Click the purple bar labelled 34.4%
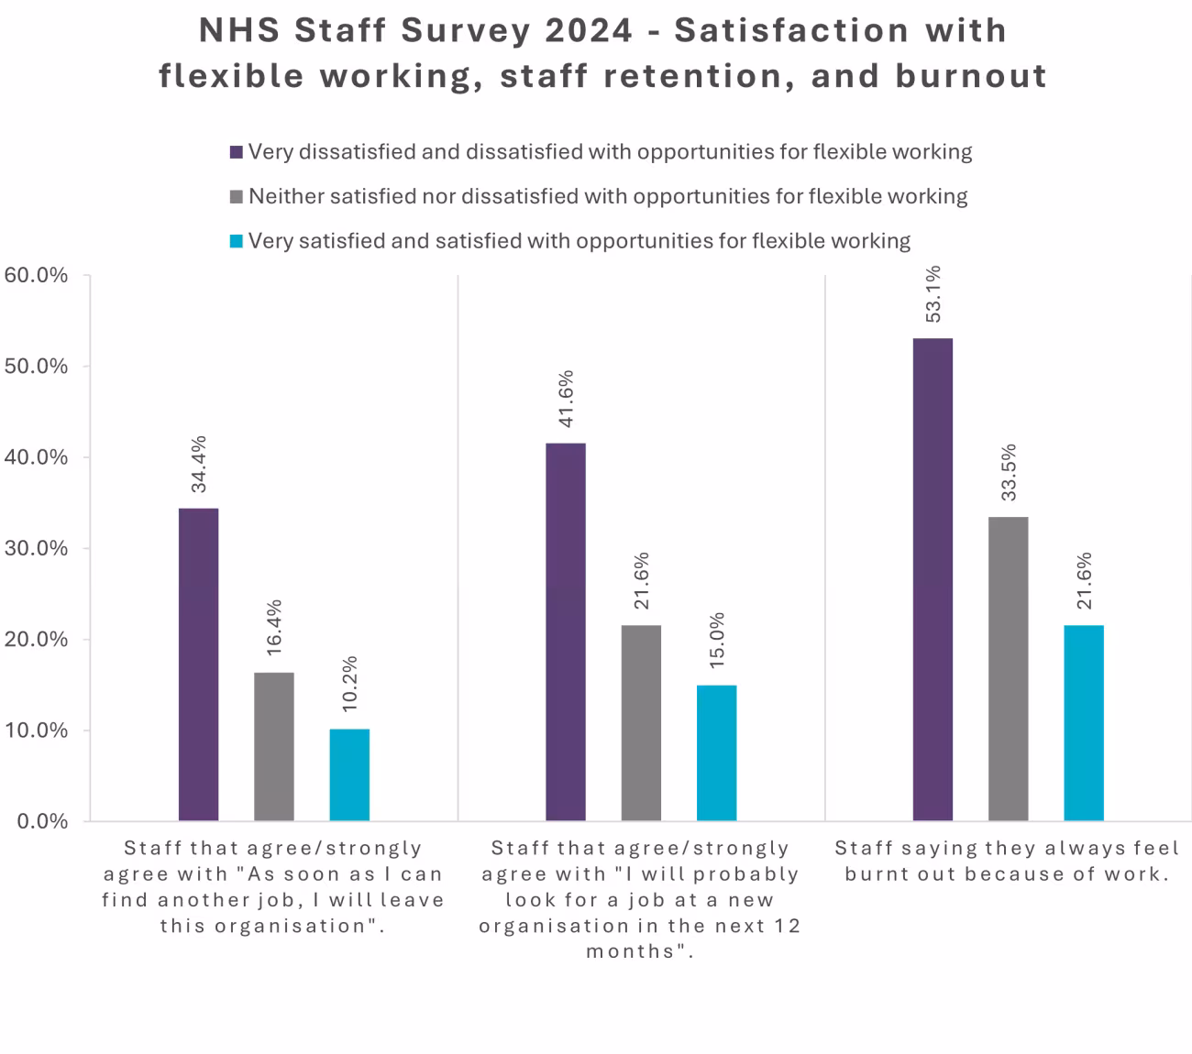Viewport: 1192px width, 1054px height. [x=198, y=664]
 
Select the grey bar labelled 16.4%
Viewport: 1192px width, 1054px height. [x=274, y=746]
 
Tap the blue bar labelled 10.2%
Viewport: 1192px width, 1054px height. [x=349, y=774]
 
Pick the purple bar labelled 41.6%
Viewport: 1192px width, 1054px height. [x=566, y=631]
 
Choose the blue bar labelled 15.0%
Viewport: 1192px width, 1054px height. [x=716, y=752]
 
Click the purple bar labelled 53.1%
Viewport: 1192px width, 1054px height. [x=933, y=579]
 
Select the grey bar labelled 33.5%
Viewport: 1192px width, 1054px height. [x=1009, y=668]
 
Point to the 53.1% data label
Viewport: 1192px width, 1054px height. [x=933, y=293]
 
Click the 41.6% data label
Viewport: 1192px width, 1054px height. [x=566, y=399]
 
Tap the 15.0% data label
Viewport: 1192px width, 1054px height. [x=717, y=641]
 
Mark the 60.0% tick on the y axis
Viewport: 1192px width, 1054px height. [x=37, y=275]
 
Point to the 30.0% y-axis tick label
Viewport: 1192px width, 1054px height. [x=37, y=548]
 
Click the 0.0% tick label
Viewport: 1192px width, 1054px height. [x=42, y=821]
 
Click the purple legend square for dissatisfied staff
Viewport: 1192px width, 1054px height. [x=237, y=152]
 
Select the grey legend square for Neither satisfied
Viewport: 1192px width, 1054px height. [x=237, y=197]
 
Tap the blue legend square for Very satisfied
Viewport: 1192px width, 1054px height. [x=237, y=242]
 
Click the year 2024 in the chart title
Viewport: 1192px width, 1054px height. [x=588, y=30]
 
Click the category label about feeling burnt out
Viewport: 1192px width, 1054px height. [x=1007, y=861]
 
